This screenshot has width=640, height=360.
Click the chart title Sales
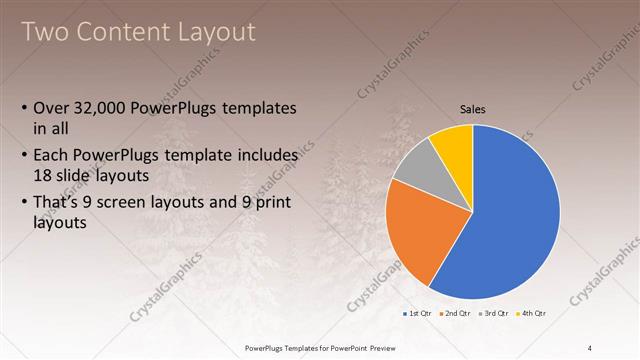coord(473,109)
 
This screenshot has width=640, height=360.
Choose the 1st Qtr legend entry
coord(418,314)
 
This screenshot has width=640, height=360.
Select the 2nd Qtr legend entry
coord(456,314)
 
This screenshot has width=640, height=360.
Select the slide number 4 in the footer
coord(590,347)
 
